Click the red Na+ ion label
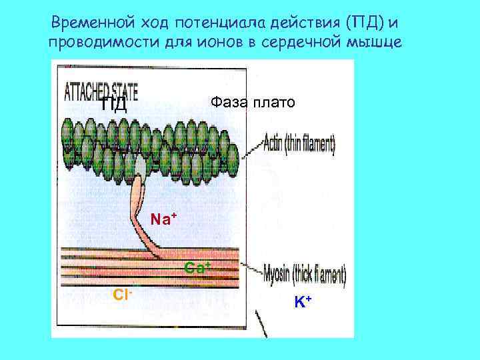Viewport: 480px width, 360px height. pyautogui.click(x=163, y=218)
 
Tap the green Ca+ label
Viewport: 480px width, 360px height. pyautogui.click(x=198, y=268)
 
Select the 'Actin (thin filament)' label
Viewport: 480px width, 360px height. pyautogui.click(x=299, y=143)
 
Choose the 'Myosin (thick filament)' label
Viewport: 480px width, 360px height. pyautogui.click(x=305, y=275)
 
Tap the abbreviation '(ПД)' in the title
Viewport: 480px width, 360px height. pyautogui.click(x=361, y=23)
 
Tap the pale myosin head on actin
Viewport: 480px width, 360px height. pyautogui.click(x=140, y=165)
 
